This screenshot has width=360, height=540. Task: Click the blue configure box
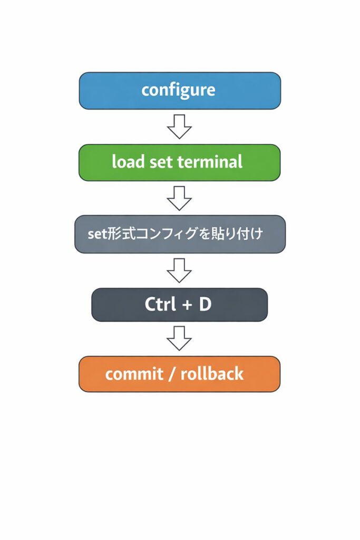point(180,91)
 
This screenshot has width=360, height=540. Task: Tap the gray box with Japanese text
point(180,234)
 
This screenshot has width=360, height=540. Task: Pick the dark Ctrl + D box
point(179,305)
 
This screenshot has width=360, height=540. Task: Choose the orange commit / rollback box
point(179,374)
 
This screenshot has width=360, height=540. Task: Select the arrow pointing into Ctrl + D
point(179,271)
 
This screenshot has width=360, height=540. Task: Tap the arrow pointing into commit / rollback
point(179,339)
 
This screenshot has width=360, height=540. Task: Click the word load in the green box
point(128,162)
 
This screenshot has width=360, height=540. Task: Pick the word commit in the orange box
point(134,374)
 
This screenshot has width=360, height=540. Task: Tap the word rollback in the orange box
point(212,374)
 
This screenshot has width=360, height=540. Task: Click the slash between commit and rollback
point(172,374)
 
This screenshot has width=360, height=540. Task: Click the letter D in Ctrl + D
point(205,305)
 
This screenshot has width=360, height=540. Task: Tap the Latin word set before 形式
point(98,234)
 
